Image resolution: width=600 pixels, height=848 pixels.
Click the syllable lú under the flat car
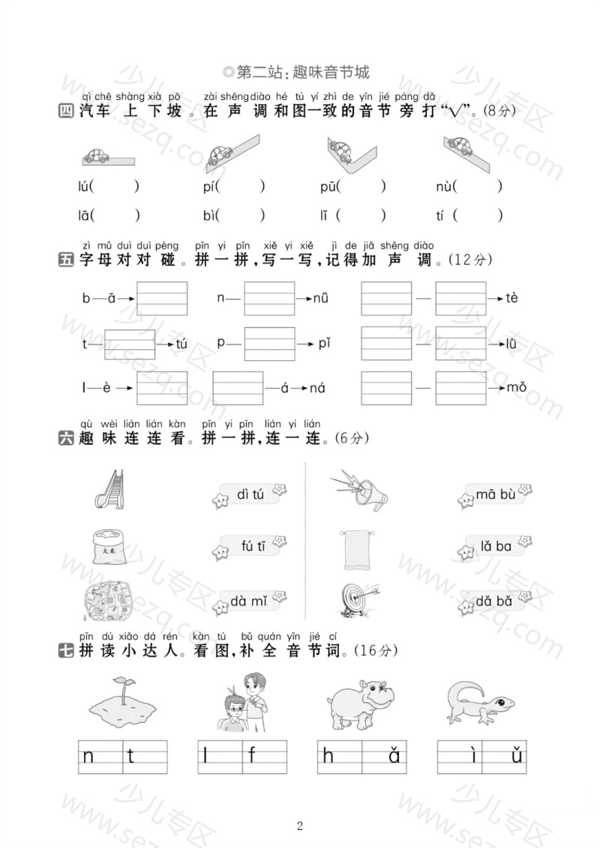click(x=83, y=187)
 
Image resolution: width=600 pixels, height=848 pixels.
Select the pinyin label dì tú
click(x=250, y=495)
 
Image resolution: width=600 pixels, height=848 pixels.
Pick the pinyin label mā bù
click(x=495, y=495)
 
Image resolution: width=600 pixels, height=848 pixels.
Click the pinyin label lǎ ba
click(x=496, y=546)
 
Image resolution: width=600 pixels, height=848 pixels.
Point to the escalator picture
click(x=109, y=489)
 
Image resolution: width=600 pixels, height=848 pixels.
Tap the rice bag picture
click(x=109, y=547)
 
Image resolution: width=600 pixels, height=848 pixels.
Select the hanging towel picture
click(x=356, y=549)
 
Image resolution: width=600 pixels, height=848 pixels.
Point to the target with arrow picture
click(x=359, y=600)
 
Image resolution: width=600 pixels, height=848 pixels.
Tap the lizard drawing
click(x=480, y=702)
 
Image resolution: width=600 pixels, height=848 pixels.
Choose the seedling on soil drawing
click(x=123, y=700)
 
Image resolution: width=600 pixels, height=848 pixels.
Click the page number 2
click(x=300, y=825)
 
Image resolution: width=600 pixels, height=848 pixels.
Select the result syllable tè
click(x=511, y=298)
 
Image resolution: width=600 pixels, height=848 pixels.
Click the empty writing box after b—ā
click(x=162, y=299)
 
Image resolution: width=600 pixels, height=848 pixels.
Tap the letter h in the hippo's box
click(x=328, y=756)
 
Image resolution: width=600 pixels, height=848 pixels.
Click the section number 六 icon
click(x=65, y=438)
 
